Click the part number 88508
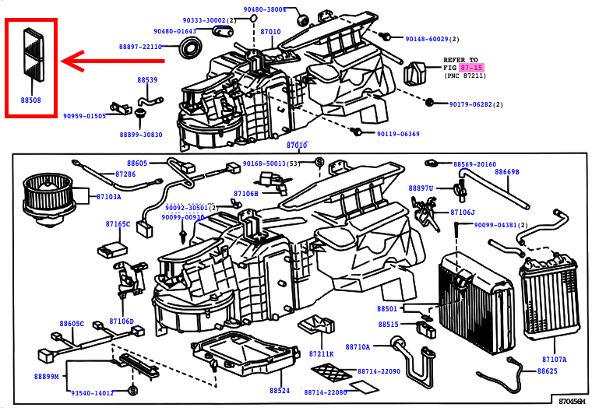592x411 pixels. (31, 100)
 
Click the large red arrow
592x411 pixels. (113, 60)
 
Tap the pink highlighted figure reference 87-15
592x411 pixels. (471, 68)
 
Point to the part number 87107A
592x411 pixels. (554, 360)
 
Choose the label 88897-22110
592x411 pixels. (140, 47)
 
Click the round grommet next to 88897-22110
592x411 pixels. (189, 48)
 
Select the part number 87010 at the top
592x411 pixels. (270, 32)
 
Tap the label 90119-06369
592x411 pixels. (398, 134)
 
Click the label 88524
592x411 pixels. (280, 390)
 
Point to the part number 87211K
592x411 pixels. (320, 354)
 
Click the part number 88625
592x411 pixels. (547, 371)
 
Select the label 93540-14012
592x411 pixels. (93, 393)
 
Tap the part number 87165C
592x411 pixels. (118, 224)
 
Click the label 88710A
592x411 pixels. (358, 346)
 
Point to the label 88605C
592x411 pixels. (72, 324)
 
